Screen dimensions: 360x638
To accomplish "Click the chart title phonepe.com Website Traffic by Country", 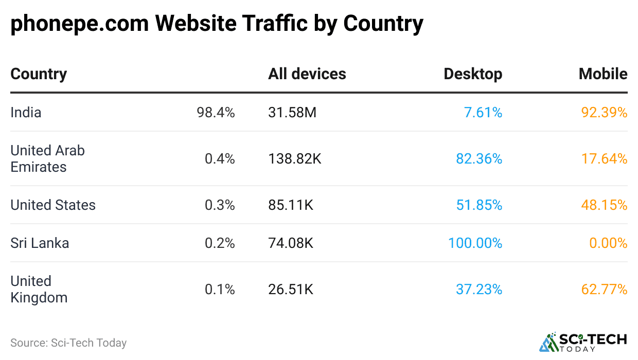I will (217, 24).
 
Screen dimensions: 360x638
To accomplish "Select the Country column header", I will (39, 74).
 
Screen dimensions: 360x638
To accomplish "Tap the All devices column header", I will (307, 74).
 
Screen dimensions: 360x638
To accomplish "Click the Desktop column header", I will (472, 74).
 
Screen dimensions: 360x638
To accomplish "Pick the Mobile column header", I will (602, 74).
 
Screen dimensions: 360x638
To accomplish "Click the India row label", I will (26, 113).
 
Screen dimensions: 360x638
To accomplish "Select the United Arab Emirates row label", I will (47, 159).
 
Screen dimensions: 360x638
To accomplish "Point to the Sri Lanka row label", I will (40, 243).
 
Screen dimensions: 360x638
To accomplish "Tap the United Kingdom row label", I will (39, 290).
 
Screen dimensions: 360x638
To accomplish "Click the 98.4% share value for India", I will (216, 113).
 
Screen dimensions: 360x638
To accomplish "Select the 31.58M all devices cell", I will (292, 113).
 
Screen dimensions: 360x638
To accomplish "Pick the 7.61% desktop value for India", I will (483, 113).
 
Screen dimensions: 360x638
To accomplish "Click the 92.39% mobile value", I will (604, 113).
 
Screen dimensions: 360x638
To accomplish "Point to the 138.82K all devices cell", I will (294, 159).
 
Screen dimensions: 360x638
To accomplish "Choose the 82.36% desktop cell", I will (478, 159).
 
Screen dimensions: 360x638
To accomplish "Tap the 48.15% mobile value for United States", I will (604, 205).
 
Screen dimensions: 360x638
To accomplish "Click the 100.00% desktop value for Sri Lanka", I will (475, 243).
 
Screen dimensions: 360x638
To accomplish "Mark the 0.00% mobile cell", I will (608, 243).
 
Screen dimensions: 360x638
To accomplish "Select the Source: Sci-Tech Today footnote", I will (68, 343).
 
